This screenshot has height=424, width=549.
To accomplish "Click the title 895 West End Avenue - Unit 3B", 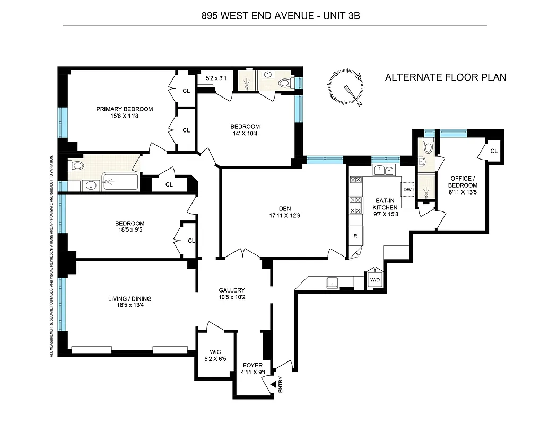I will [274, 16].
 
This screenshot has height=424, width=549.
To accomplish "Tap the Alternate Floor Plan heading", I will [445, 77].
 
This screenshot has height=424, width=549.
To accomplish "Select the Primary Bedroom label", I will [124, 109].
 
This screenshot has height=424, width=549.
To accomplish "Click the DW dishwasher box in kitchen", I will [407, 190].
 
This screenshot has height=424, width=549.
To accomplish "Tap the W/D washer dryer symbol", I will [374, 280].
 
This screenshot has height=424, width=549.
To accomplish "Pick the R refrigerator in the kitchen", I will [354, 236].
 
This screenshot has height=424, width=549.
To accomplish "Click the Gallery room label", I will [232, 290].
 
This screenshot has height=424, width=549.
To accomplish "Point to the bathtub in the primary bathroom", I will [120, 182].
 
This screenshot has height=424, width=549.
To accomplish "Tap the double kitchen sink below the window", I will [384, 170].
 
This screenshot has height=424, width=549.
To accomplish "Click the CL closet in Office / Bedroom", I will [493, 151].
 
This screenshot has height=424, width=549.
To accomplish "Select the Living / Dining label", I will [130, 298].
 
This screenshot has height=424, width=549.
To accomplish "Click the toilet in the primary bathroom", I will [77, 166].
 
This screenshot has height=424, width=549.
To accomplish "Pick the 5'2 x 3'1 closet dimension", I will [216, 78].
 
